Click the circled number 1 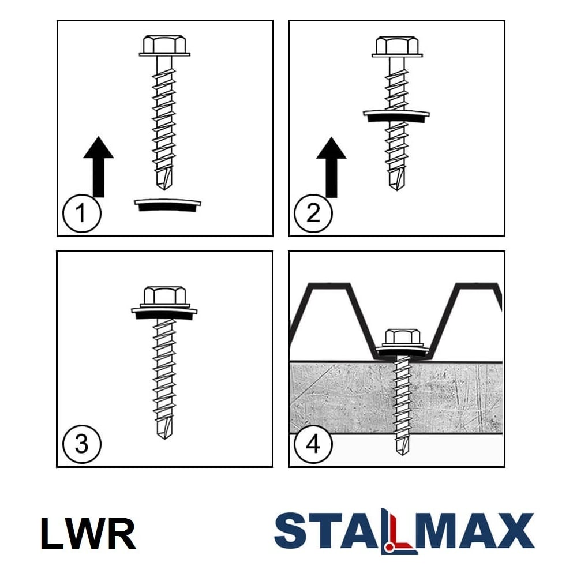(x=82, y=213)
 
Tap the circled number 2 (x=313, y=213)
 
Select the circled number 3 (x=82, y=444)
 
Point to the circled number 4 (x=313, y=444)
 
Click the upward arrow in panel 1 (x=98, y=167)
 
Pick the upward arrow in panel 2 (x=331, y=167)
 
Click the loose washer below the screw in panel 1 (x=167, y=205)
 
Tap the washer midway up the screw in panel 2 (x=396, y=115)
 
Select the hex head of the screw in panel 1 (x=164, y=46)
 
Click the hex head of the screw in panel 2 (x=397, y=46)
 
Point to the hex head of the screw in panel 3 (x=164, y=296)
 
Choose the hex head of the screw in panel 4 (x=402, y=338)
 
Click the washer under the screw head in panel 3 (x=164, y=312)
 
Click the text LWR (x=88, y=534)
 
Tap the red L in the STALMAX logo (x=396, y=531)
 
